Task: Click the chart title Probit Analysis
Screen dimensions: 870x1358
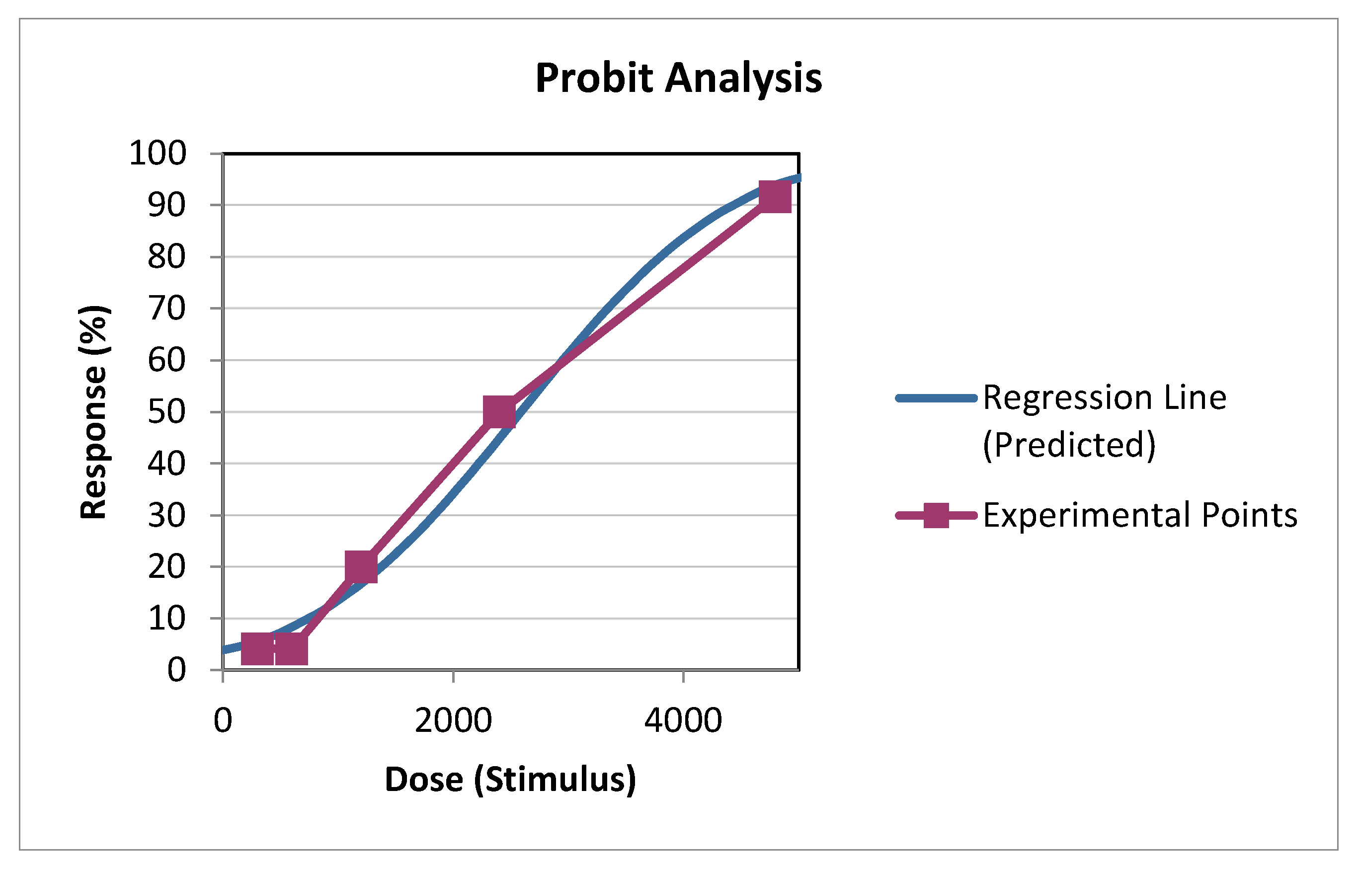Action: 678,78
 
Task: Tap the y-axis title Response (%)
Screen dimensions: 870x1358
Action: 93,412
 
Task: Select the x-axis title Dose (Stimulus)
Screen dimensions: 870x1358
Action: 510,780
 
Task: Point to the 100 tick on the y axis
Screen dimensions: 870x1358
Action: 158,153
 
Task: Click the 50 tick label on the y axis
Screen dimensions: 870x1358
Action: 166,412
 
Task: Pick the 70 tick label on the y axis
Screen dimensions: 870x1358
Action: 166,309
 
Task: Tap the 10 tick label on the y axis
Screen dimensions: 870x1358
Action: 166,619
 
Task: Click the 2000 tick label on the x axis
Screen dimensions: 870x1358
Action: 453,721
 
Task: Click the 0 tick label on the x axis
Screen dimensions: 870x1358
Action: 223,721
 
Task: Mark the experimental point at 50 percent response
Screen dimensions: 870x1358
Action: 499,411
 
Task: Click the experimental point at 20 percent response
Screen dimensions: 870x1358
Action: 361,566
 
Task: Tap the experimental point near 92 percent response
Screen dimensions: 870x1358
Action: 775,197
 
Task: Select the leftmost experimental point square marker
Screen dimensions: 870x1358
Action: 257,648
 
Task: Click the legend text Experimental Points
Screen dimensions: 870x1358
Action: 1140,515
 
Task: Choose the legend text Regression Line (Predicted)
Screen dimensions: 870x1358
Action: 1105,421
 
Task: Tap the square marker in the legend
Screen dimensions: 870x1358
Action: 936,515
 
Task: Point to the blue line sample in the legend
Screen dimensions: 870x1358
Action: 936,398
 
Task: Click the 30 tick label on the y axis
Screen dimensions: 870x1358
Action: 166,515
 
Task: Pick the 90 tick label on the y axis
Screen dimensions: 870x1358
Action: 166,205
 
